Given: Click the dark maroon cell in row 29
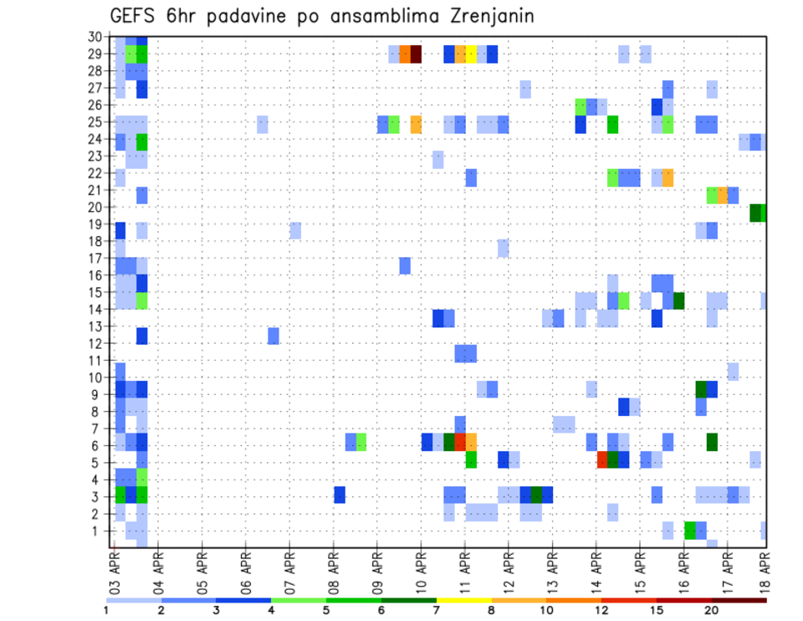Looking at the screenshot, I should tap(416, 54).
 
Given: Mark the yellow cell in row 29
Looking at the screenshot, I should tap(471, 54).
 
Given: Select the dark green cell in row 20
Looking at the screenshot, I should tap(757, 213).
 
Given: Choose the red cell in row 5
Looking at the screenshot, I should tap(601, 459).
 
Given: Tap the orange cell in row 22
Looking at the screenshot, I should tap(667, 177).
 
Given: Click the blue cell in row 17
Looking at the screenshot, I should tap(405, 265).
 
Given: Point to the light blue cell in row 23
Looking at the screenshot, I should tap(437, 159).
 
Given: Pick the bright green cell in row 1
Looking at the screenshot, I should tap(689, 531).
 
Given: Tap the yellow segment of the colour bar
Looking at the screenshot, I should tap(463, 600).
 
